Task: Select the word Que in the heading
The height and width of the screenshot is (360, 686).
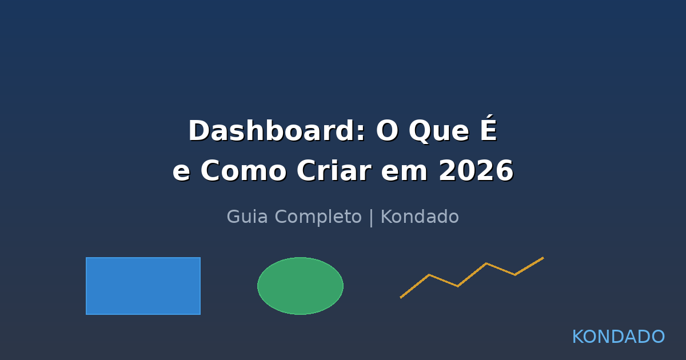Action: [x=438, y=131]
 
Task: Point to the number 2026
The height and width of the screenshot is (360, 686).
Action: [x=476, y=171]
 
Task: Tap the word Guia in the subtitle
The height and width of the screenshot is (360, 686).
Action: [x=244, y=217]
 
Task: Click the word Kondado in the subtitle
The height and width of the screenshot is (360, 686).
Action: [x=420, y=217]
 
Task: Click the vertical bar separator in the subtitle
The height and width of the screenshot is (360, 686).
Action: [x=371, y=218]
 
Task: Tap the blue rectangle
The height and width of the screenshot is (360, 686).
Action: [x=143, y=286]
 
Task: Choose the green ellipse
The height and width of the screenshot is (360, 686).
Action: [x=300, y=286]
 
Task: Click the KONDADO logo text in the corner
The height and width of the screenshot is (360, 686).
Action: [x=618, y=337]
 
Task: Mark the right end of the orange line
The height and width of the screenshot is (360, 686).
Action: [x=543, y=258]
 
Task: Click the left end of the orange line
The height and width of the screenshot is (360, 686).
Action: [x=401, y=297]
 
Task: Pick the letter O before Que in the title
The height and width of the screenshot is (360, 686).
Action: [x=387, y=131]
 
